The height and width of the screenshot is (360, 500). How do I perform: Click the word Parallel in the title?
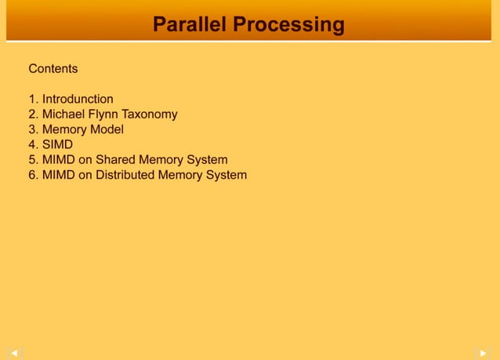click(189, 24)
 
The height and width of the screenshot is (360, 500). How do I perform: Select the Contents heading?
click(53, 69)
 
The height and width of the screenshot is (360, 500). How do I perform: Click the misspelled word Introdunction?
click(78, 99)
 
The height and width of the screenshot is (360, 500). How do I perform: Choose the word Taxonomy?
click(150, 115)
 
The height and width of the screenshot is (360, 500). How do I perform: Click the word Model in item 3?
click(107, 129)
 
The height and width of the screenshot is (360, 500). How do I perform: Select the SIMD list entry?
click(57, 144)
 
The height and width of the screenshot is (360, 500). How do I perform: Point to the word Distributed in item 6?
click(125, 175)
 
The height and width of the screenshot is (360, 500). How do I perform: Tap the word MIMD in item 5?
click(58, 160)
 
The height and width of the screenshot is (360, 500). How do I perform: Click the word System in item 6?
click(226, 175)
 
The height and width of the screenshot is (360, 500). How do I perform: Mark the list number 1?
click(32, 99)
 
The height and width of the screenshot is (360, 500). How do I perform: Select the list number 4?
click(32, 144)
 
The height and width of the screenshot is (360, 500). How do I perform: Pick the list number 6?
click(32, 175)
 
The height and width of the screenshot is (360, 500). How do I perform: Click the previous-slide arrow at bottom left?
click(13, 353)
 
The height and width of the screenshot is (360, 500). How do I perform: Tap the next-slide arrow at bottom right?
click(485, 353)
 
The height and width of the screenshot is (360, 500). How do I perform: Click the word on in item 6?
click(85, 175)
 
